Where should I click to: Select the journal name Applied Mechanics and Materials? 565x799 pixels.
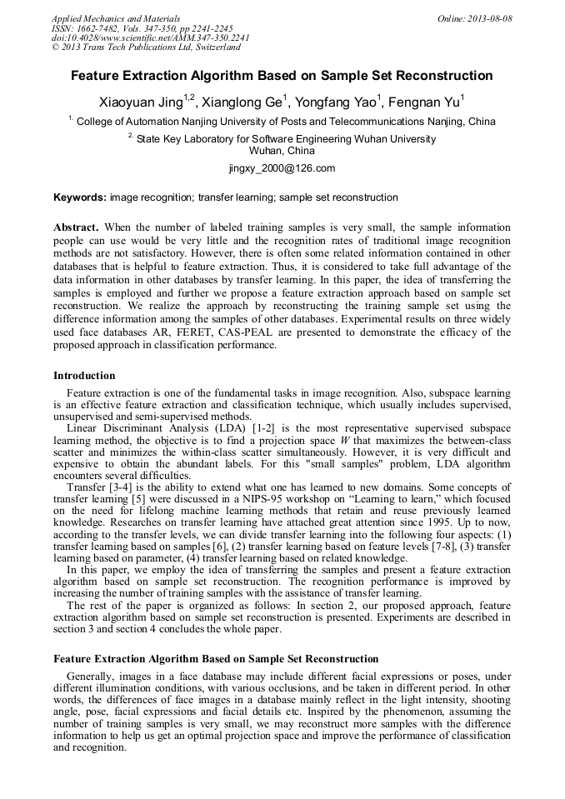coord(116,18)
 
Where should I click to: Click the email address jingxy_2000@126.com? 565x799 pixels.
coord(282,168)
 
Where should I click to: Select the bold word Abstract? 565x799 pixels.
coord(76,227)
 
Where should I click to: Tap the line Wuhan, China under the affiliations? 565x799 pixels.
coord(282,152)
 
